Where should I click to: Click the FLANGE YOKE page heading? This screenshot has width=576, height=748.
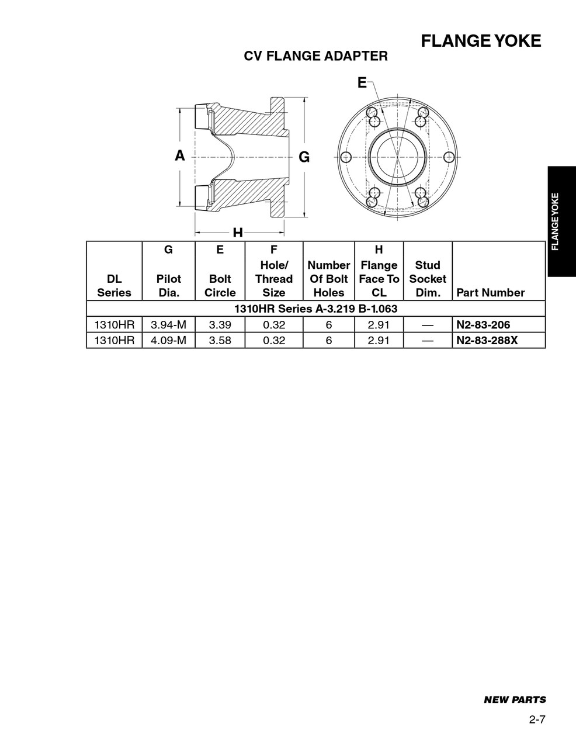(x=481, y=41)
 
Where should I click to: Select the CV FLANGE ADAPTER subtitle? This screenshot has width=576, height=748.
(x=315, y=56)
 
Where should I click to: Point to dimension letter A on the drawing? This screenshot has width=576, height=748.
(x=180, y=155)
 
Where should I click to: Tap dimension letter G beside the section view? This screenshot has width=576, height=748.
(x=304, y=157)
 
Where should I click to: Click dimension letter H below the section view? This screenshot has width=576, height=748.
(x=238, y=233)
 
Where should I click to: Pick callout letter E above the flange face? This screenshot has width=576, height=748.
(x=362, y=83)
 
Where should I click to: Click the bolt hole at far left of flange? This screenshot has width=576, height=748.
(x=345, y=157)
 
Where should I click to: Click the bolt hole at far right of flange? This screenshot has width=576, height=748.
(x=449, y=157)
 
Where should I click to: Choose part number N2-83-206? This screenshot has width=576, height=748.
(x=483, y=325)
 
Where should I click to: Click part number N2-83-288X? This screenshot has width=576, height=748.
(x=487, y=340)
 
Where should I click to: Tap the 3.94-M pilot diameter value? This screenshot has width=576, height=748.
(x=168, y=325)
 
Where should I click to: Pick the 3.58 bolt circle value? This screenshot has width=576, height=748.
(x=220, y=340)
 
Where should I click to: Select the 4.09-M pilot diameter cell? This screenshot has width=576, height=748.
(x=168, y=340)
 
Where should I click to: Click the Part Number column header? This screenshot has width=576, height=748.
(x=490, y=293)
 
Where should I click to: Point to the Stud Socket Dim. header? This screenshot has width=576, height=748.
(x=427, y=279)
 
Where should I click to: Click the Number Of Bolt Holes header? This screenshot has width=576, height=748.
(x=328, y=279)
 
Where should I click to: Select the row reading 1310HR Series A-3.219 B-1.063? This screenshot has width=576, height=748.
(x=315, y=309)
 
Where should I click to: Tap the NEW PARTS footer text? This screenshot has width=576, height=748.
(x=515, y=699)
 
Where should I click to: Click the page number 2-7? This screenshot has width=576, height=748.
(x=537, y=719)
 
